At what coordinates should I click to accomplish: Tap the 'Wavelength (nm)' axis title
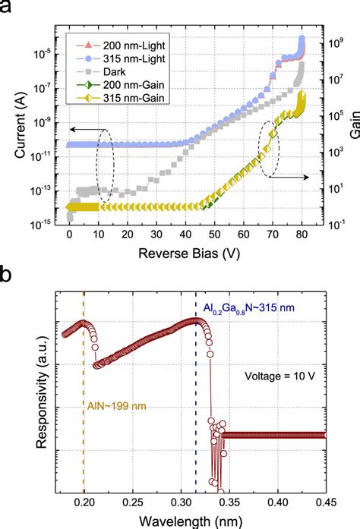(x=192, y=519)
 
